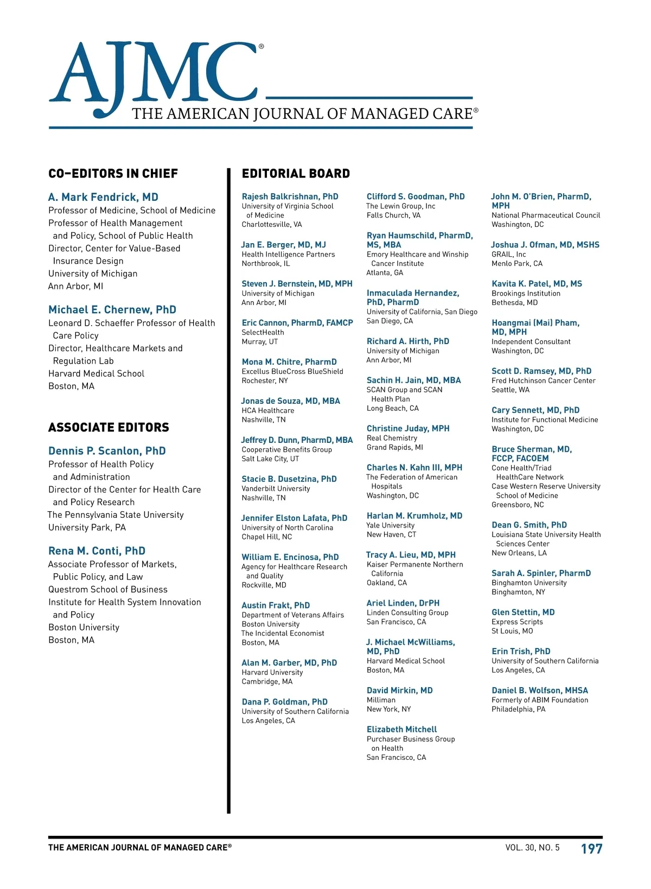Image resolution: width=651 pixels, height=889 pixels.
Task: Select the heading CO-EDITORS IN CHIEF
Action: tap(113, 174)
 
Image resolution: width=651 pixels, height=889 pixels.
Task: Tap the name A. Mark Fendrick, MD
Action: tap(103, 197)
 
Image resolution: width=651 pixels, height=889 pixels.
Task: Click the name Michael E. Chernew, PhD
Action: tap(112, 310)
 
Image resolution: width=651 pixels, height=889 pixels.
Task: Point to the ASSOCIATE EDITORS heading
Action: tap(108, 428)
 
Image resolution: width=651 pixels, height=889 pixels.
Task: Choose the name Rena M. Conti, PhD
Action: tap(97, 551)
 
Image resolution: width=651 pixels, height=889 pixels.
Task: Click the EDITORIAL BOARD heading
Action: tap(296, 174)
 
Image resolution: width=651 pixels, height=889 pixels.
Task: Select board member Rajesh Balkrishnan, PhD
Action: tap(290, 196)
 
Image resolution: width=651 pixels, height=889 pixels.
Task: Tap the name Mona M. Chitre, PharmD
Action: tap(289, 362)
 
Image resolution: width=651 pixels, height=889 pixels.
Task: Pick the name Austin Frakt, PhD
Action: tap(276, 605)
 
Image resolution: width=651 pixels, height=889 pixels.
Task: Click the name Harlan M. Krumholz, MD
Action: tap(414, 516)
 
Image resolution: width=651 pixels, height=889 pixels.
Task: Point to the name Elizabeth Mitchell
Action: tap(401, 729)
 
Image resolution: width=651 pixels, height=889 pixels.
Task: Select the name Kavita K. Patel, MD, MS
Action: tap(537, 284)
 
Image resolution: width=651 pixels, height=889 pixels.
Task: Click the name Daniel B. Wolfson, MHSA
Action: tap(540, 690)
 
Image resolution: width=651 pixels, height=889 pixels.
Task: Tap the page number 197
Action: tap(591, 849)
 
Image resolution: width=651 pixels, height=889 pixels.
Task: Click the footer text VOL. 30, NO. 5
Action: tap(532, 848)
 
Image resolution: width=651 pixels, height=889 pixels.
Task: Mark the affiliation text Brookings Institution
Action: tap(526, 294)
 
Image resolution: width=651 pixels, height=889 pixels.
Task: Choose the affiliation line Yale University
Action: tap(391, 525)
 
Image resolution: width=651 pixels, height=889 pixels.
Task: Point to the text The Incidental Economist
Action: tap(283, 633)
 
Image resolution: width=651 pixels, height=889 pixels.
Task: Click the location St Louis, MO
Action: tap(512, 631)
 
